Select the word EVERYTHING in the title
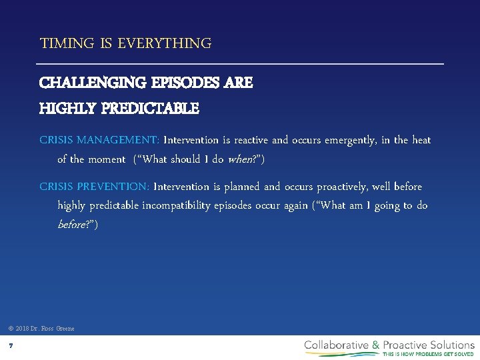(165, 44)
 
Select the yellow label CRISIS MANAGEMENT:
(99, 140)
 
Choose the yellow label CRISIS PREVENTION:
(95, 187)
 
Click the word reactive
(250, 140)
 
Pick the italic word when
(241, 159)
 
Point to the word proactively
(351, 187)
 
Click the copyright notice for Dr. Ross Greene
(41, 329)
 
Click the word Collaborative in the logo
(337, 345)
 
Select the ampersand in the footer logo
(376, 345)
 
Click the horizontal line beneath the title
(241, 64)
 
